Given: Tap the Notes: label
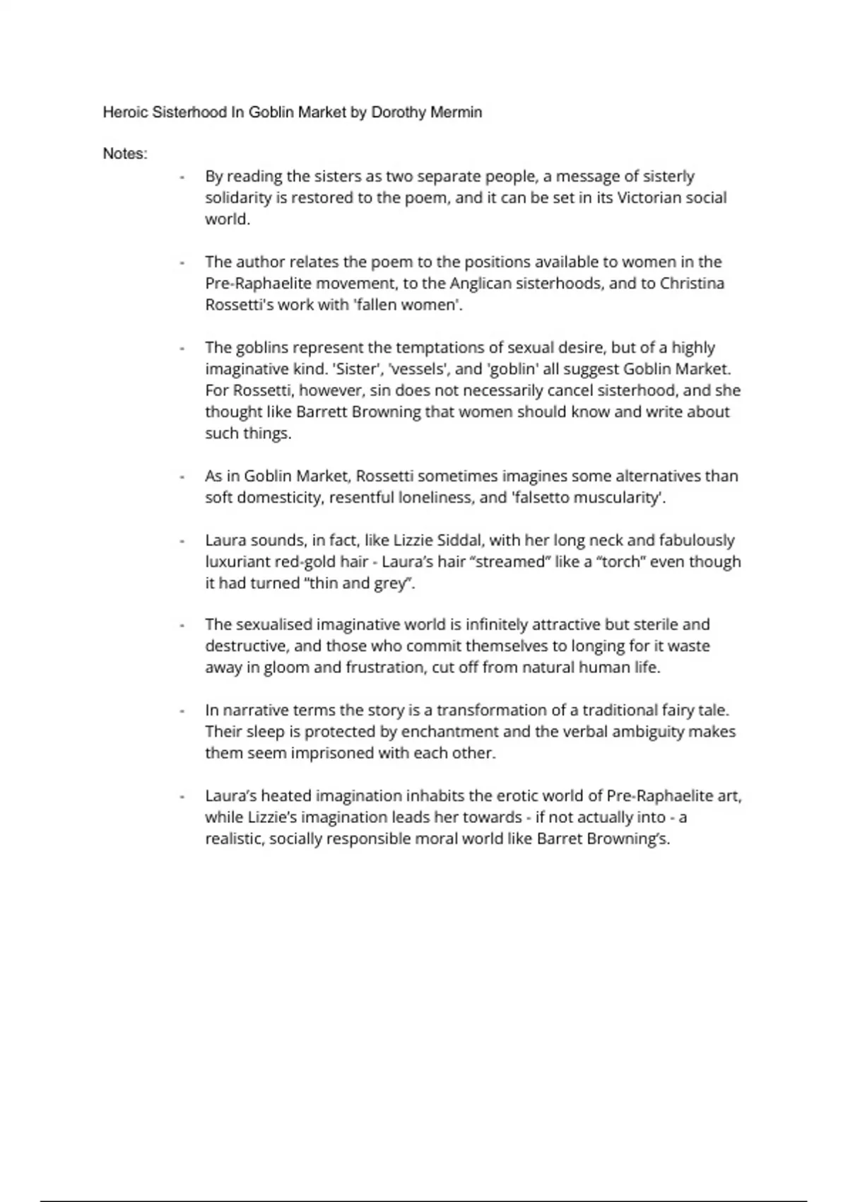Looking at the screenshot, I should pos(125,154).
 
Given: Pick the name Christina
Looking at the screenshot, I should pos(693,284).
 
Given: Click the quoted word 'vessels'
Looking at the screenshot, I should pos(415,369).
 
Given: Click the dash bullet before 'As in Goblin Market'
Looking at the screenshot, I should pos(182,477).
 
